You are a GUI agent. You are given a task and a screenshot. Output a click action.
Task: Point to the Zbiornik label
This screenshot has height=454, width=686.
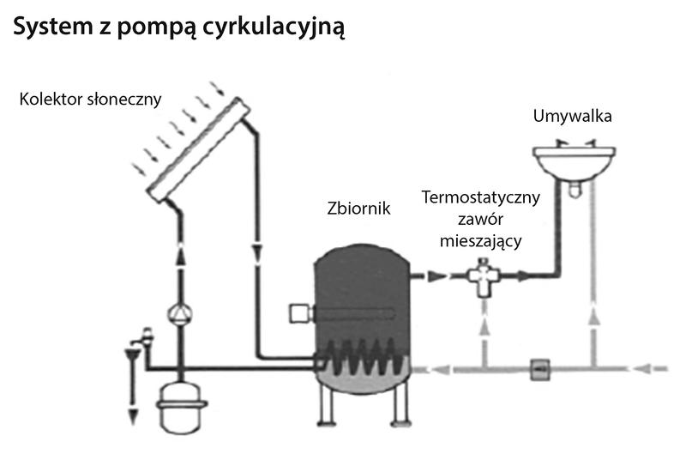coord(358,209)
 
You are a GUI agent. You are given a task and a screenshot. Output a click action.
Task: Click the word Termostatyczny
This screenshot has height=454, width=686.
coord(481,197)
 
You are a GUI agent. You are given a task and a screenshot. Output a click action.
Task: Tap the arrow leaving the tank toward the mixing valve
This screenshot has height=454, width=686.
coord(433,276)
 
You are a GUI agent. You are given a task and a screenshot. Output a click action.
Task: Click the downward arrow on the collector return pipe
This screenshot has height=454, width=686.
coord(258,250)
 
